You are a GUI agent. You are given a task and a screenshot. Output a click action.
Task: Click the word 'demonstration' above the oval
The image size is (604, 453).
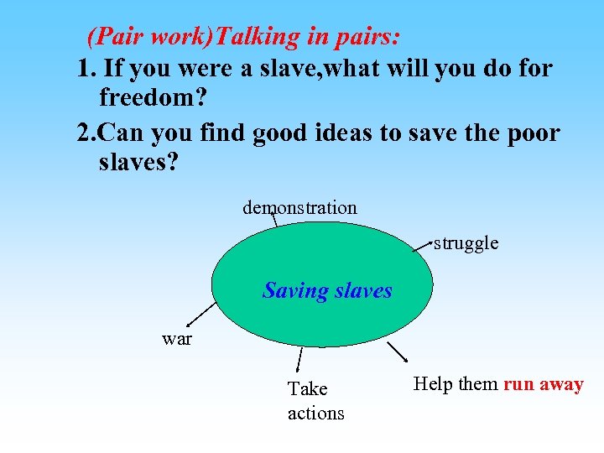(299, 207)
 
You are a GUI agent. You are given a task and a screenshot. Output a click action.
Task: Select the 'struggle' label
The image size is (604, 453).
(466, 243)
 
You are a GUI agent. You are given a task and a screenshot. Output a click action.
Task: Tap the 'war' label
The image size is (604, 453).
(177, 339)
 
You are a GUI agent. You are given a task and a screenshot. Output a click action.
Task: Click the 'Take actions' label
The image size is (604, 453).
(315, 401)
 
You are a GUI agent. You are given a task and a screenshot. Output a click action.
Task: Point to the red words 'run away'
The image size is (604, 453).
(543, 384)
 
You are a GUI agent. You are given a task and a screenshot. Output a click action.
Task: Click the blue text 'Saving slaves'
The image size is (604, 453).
(327, 290)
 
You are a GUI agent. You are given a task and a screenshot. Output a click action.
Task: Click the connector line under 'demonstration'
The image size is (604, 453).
(273, 220)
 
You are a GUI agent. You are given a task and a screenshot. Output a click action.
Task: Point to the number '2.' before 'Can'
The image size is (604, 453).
(86, 132)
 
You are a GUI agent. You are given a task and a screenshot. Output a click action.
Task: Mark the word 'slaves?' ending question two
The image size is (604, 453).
(138, 162)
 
